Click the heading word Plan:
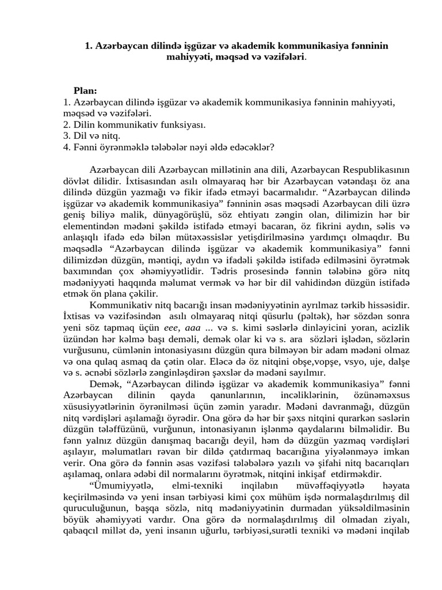tap(85, 90)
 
